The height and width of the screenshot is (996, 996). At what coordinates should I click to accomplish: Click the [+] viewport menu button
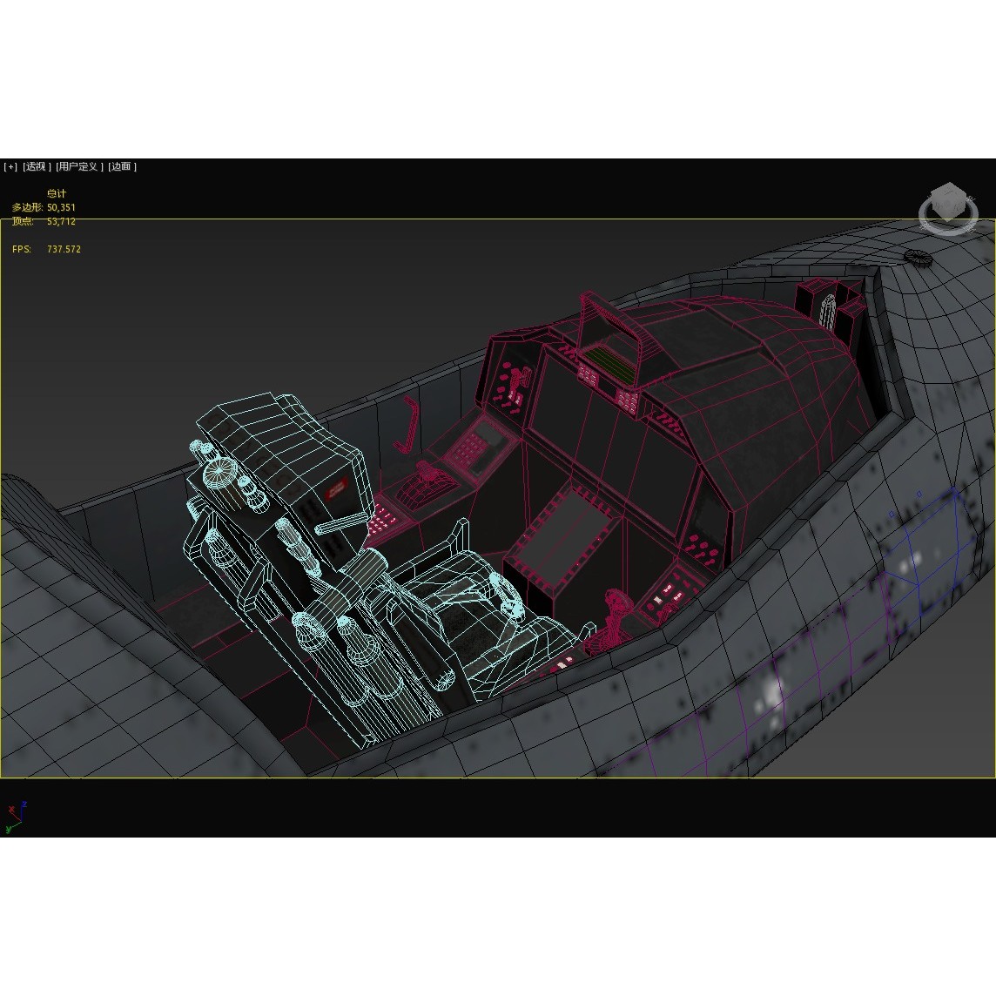tap(10, 166)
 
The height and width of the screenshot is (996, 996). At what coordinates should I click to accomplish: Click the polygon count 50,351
tap(61, 207)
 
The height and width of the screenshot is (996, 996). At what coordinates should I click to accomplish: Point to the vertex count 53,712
tap(61, 221)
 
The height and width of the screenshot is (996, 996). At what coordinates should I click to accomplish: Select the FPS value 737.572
tap(64, 249)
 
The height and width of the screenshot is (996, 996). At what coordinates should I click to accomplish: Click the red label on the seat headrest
tap(336, 492)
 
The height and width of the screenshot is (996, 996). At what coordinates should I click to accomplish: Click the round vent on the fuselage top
tap(918, 257)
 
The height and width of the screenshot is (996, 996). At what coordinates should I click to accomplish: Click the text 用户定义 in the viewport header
tap(79, 166)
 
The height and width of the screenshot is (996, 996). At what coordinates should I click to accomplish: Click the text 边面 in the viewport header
tap(122, 166)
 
